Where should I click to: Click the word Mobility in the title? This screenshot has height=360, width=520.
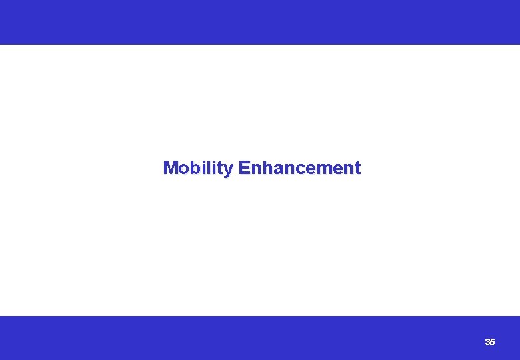[198, 168]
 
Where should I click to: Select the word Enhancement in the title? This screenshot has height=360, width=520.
[299, 168]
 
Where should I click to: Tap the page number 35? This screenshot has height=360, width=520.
[490, 342]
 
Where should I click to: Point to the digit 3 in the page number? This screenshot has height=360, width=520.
[487, 342]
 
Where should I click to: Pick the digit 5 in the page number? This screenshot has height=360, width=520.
[493, 342]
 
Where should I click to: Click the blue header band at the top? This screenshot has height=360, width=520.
[260, 22]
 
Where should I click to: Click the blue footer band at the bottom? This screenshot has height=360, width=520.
[260, 338]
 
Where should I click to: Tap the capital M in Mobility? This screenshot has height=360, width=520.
[170, 168]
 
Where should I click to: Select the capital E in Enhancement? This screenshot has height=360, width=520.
[243, 168]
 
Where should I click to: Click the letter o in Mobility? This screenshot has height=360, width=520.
[183, 169]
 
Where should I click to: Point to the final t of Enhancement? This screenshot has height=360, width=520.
[357, 168]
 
